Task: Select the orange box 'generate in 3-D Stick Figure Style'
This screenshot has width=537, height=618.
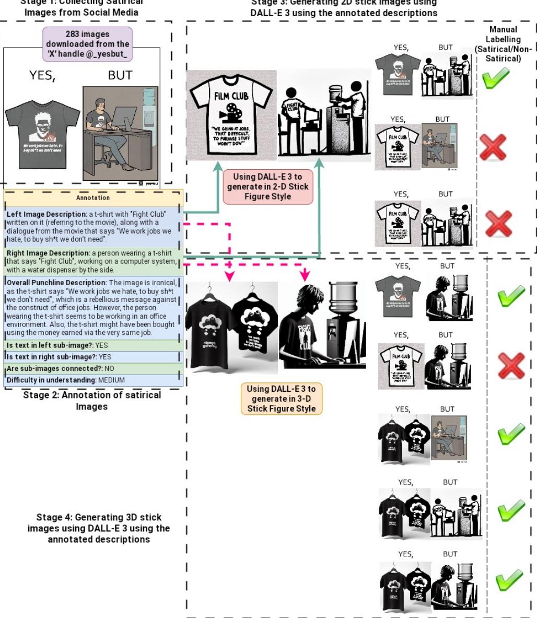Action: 282,399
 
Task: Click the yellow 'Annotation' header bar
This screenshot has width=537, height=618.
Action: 93,198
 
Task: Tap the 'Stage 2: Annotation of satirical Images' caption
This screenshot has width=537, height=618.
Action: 92,401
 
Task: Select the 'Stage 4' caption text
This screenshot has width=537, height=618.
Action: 98,528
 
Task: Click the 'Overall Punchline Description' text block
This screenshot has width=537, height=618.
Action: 93,308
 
